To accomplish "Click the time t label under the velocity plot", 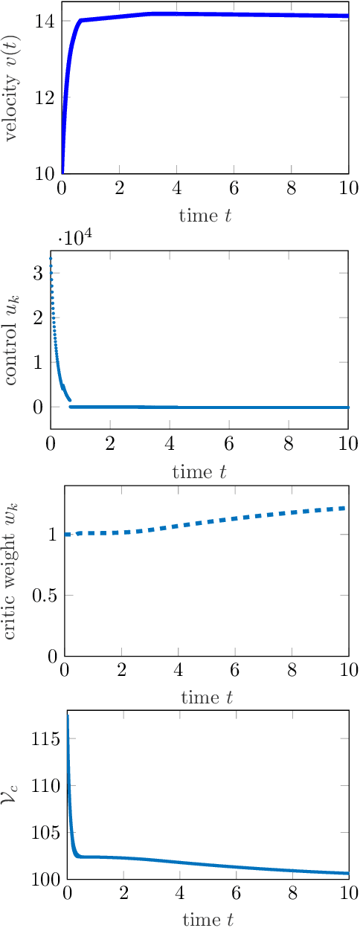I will [205, 216].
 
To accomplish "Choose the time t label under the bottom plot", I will [208, 920].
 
